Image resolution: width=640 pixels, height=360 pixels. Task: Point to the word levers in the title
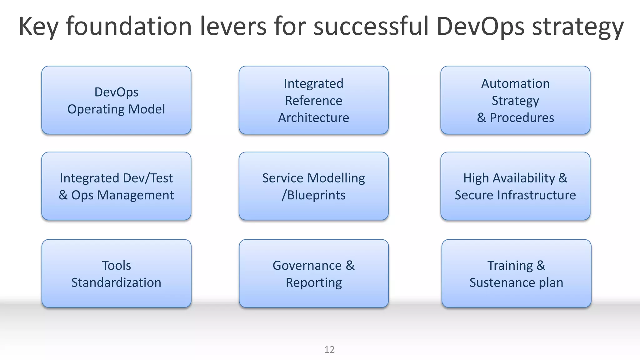(233, 26)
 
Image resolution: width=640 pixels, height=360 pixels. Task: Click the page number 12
(329, 349)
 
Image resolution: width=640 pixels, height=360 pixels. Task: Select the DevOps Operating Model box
(116, 100)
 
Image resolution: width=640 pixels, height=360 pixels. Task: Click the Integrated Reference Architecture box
(313, 100)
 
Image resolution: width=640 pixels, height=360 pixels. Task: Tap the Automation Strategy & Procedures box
(515, 100)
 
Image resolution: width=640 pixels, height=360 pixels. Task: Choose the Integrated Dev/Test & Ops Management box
(116, 186)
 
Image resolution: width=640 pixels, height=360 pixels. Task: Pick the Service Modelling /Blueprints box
(313, 186)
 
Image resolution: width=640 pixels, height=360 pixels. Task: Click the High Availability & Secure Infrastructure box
(515, 186)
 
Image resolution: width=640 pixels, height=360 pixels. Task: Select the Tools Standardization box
(116, 273)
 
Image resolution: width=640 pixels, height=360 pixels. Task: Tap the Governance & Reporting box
(313, 273)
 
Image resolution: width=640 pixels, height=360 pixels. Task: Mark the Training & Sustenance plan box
(516, 273)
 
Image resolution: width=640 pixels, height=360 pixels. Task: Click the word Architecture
(313, 118)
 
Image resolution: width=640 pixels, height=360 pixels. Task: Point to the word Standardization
(116, 282)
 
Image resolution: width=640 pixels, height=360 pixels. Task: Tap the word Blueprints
(316, 195)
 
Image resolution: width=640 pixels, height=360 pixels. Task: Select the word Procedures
(522, 118)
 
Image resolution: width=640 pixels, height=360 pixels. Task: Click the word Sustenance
(502, 282)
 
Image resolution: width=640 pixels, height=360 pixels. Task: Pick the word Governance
(307, 266)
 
